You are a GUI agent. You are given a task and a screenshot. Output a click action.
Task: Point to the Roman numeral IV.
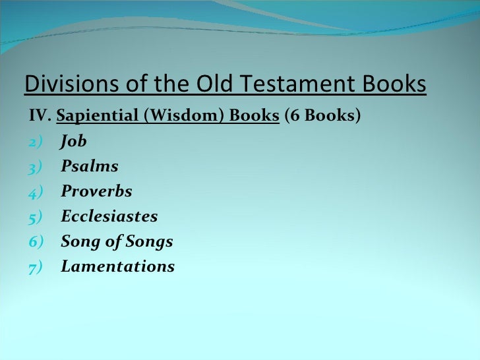point(40,117)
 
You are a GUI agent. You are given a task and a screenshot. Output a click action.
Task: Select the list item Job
point(74,142)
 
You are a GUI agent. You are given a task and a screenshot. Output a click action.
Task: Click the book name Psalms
point(90,167)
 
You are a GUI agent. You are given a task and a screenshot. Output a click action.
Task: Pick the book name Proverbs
point(96,192)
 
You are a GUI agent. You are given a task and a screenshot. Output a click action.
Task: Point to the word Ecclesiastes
point(109,217)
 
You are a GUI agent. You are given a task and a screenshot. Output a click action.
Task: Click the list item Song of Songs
point(117,242)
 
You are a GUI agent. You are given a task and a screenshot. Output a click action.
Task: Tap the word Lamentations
point(118,267)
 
